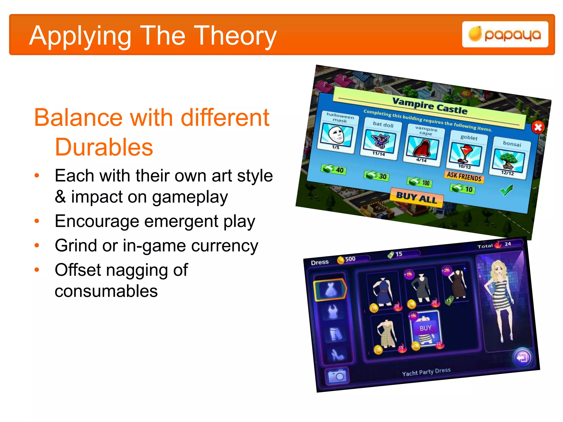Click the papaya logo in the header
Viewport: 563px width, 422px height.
tap(505, 35)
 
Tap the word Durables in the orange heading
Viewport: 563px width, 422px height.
tap(104, 147)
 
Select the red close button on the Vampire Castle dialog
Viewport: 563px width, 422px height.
tap(538, 127)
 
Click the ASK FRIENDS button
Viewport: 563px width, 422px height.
tap(464, 176)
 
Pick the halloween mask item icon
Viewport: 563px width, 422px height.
tap(336, 135)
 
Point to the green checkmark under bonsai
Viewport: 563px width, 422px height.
tap(506, 190)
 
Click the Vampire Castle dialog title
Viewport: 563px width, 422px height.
tap(430, 105)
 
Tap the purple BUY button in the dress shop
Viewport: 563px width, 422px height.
tap(425, 328)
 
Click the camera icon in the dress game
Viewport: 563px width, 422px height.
tap(337, 376)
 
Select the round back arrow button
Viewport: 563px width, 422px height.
tap(522, 358)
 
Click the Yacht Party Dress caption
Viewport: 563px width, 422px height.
tap(426, 372)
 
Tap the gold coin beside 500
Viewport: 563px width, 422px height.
tap(341, 260)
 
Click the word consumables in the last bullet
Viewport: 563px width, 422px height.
tap(106, 291)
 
